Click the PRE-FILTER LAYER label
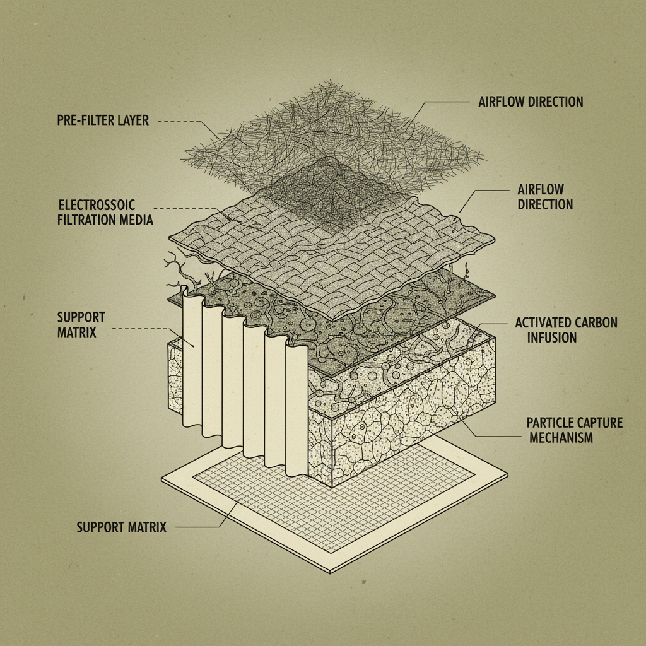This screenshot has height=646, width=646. [x=103, y=120]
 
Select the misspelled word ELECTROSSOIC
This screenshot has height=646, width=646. [x=97, y=206]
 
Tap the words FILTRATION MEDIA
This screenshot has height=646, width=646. [x=105, y=220]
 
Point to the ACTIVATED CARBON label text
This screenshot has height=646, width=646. [x=566, y=323]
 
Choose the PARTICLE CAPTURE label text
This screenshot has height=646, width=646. [x=574, y=423]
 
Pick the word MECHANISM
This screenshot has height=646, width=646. [x=560, y=437]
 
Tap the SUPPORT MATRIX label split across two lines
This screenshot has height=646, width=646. [x=81, y=324]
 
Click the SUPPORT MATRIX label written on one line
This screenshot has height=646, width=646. [x=122, y=527]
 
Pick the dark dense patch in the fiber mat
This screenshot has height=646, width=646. [x=328, y=189]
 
